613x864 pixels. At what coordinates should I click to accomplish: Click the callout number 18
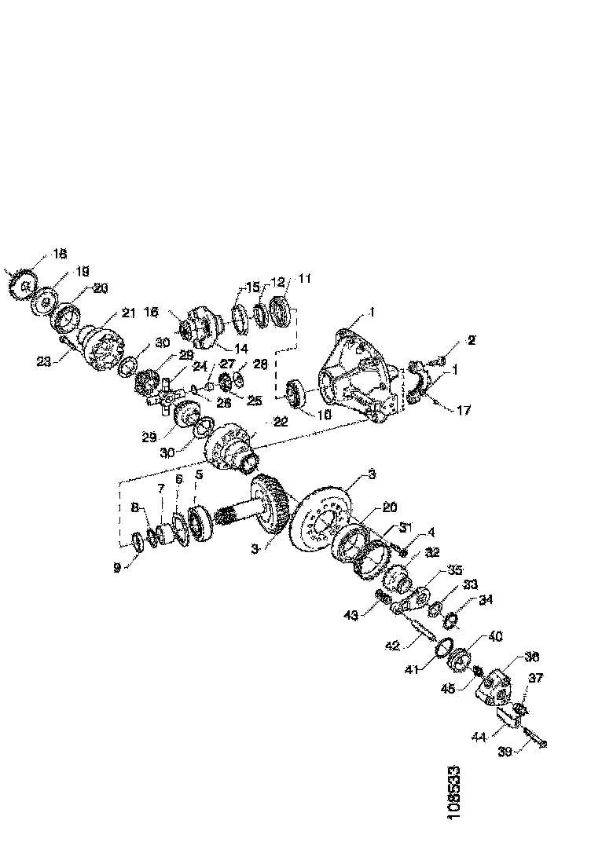click(x=61, y=254)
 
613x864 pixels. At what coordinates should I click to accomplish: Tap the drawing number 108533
click(x=453, y=793)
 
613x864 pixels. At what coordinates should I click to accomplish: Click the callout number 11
click(x=304, y=278)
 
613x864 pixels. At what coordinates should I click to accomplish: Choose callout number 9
click(x=117, y=566)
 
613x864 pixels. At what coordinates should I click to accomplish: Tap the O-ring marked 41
click(x=444, y=651)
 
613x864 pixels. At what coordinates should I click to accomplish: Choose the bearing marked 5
click(x=196, y=524)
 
